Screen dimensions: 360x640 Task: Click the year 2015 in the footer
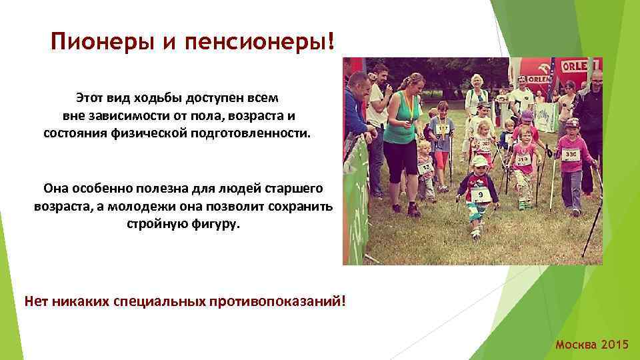coord(614,345)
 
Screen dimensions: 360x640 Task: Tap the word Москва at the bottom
coord(576,345)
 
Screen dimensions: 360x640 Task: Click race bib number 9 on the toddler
coord(480,195)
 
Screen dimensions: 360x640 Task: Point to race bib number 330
coord(570,155)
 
